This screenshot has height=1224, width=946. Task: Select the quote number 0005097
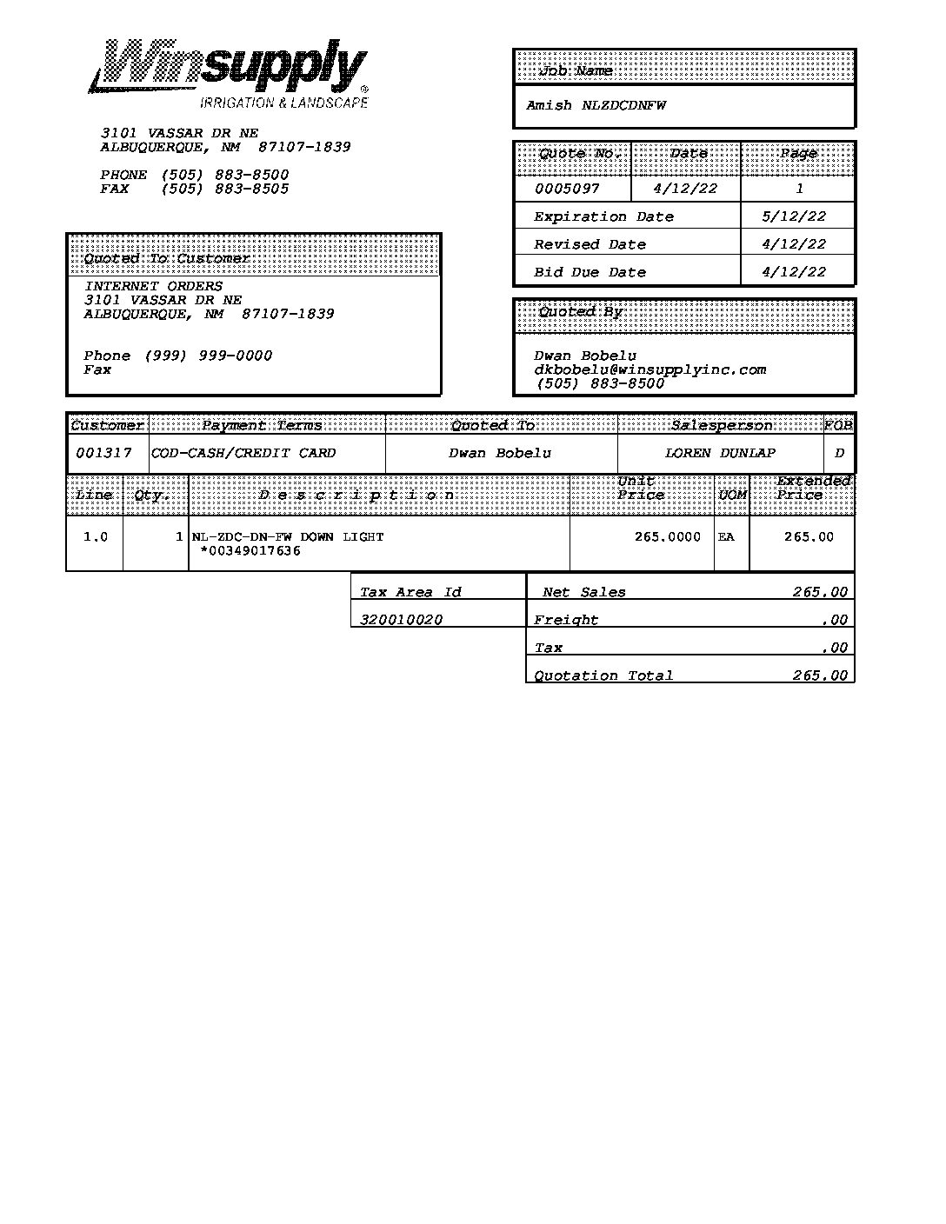[x=567, y=189]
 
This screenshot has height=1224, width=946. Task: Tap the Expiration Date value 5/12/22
[x=794, y=216]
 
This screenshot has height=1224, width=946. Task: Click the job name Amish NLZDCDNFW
[x=596, y=105]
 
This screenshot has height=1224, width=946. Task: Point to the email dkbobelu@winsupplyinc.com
[x=650, y=369]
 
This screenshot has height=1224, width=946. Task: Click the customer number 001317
[x=103, y=453]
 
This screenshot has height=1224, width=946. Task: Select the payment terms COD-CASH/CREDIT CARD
[x=243, y=453]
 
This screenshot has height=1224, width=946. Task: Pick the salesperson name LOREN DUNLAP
[x=720, y=453]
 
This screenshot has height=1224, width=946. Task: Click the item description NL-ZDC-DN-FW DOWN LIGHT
[x=288, y=536]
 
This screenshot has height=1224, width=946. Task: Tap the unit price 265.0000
[x=667, y=536]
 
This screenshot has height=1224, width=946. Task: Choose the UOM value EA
[x=726, y=536]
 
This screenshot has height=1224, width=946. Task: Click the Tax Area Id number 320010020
[x=401, y=620]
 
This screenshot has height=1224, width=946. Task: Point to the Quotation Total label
[x=603, y=675]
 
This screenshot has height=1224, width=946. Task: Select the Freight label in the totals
[x=566, y=620]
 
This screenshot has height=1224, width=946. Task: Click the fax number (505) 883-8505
[x=224, y=189]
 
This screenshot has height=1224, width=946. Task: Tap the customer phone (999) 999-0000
[x=208, y=356]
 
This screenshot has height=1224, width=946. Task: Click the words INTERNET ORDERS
[x=153, y=286]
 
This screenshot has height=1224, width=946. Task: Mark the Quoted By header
[x=580, y=312]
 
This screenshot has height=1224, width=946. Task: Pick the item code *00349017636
[x=250, y=550]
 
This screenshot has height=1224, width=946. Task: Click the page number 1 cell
[x=799, y=189]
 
